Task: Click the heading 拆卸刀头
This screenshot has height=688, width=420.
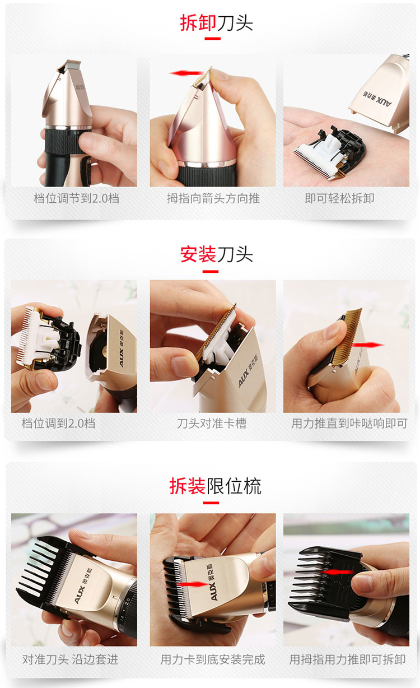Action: point(216,22)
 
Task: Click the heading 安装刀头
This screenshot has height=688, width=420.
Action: point(217,254)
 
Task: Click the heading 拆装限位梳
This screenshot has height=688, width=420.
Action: point(215,486)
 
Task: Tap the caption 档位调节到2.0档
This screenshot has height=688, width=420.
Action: point(77,198)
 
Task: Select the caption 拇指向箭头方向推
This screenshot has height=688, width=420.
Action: point(213,198)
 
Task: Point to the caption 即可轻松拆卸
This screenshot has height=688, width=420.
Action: point(339,198)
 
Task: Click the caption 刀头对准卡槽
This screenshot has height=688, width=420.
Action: point(212,424)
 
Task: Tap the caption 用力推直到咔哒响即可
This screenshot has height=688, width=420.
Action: point(349,424)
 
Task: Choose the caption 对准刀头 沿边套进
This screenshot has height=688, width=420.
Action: point(71,659)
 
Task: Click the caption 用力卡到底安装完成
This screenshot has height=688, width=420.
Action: point(213,659)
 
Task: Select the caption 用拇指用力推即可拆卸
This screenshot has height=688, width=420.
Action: point(347,659)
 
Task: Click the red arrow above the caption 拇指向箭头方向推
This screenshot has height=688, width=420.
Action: point(186,73)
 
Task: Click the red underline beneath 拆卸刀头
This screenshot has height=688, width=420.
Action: point(212,39)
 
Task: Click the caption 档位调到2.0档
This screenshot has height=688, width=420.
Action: point(58,424)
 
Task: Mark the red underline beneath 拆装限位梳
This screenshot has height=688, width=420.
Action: point(211,503)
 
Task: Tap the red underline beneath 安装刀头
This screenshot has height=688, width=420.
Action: point(211,272)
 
